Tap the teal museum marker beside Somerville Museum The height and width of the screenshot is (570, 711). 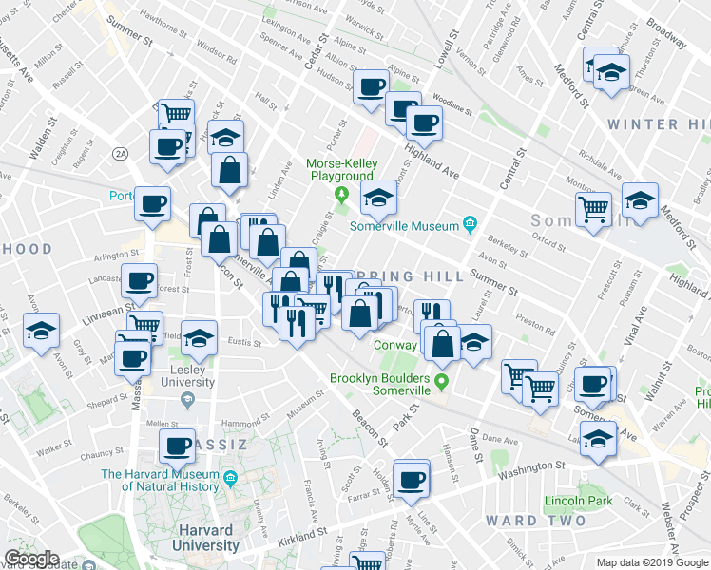470,224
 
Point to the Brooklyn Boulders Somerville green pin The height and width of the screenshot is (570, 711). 442,385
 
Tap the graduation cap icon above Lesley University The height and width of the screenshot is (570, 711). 200,337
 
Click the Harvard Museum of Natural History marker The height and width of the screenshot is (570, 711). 230,481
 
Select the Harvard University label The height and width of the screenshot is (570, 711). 205,538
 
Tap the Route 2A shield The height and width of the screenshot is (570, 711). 120,153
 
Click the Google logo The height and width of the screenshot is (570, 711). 30,559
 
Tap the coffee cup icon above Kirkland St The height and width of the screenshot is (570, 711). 411,481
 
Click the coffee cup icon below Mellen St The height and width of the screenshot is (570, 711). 178,445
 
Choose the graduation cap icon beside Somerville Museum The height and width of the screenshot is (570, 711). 378,198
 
